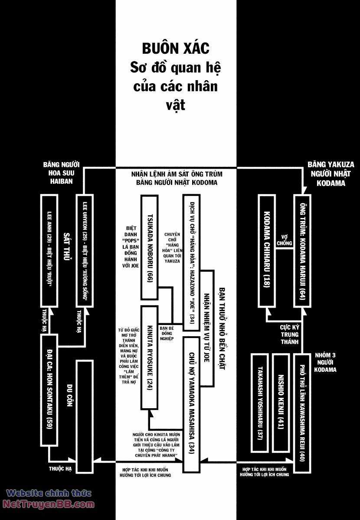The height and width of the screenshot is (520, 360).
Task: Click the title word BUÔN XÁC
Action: click(176, 48)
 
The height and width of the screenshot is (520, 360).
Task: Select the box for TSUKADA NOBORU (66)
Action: click(149, 247)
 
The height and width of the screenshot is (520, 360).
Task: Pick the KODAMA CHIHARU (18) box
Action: click(266, 250)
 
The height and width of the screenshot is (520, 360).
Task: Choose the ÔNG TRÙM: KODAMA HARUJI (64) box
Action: click(302, 250)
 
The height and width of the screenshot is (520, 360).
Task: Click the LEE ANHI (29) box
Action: click(49, 250)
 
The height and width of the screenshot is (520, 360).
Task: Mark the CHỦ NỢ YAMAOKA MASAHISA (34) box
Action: click(191, 403)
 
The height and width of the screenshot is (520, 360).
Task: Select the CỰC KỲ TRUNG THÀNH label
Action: click(289, 332)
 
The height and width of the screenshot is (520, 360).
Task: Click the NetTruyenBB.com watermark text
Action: click(49, 504)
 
